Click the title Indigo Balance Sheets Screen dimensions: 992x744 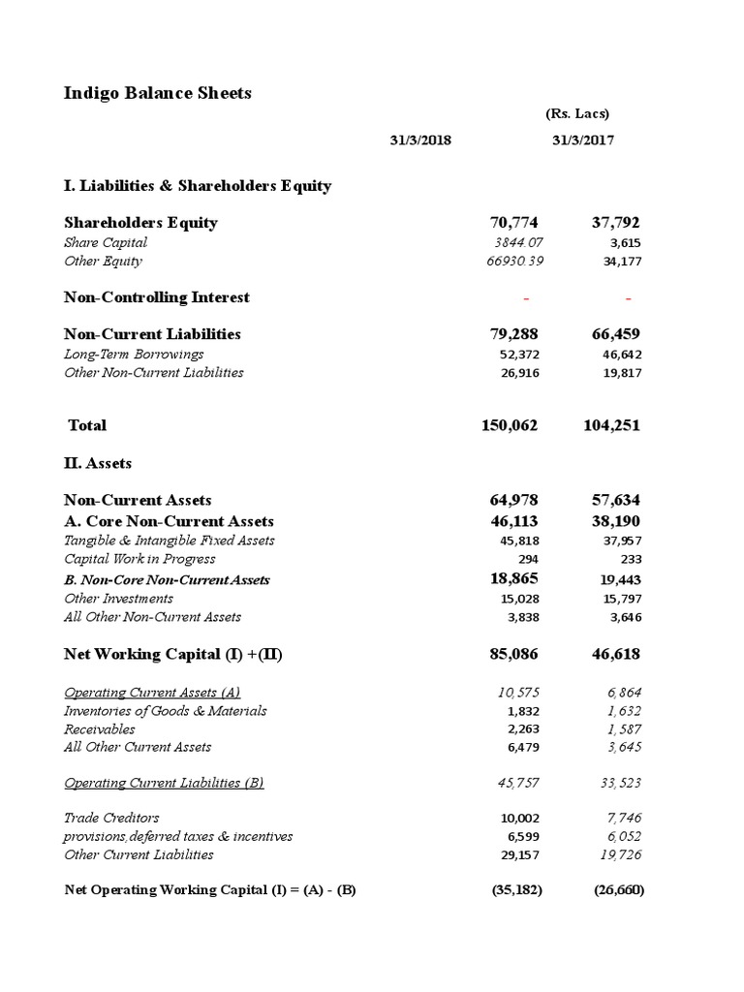(157, 93)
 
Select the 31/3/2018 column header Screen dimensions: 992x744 (420, 139)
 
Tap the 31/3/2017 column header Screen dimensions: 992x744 (582, 139)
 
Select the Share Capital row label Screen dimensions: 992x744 (106, 242)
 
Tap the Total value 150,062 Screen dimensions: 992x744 (509, 425)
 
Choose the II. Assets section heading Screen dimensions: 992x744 (97, 463)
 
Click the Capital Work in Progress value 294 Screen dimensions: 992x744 (527, 559)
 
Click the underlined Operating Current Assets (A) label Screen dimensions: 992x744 (152, 692)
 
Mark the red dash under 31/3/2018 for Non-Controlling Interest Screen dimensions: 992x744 (526, 297)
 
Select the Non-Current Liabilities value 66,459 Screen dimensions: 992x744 (615, 334)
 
